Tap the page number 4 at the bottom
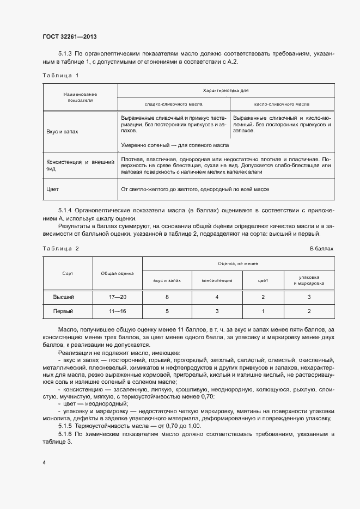coord(44,462)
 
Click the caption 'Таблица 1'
coord(60,75)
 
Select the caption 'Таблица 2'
coord(60,248)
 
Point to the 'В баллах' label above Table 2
coord(321,248)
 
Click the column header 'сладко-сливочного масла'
coord(174,103)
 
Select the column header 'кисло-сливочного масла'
coord(282,103)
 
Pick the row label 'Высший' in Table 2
coord(63,297)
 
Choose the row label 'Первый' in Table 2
coord(63,311)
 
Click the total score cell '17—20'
coord(117,297)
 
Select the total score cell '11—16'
coord(117,311)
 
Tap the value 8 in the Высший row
coord(167,297)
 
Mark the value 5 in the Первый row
coord(167,311)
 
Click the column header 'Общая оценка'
coord(117,273)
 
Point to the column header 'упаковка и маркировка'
coord(309,280)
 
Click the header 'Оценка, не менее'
coord(237,263)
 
